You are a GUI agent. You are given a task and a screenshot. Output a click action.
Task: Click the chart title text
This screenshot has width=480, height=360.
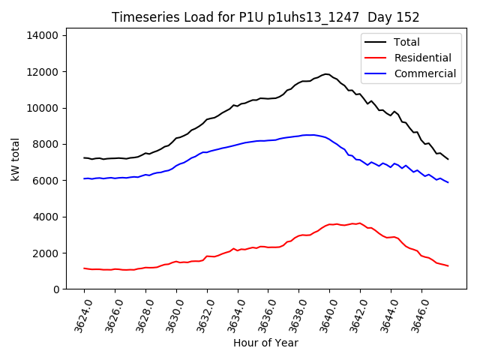(265, 17)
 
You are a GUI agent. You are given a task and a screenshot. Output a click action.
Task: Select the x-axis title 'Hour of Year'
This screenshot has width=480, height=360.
(265, 343)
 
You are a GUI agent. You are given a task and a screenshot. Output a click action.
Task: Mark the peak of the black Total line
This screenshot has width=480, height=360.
(326, 73)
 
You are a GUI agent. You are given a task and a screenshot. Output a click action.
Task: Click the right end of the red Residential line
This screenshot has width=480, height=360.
(448, 265)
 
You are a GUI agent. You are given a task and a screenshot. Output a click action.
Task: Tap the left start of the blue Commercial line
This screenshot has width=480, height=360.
(84, 178)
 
